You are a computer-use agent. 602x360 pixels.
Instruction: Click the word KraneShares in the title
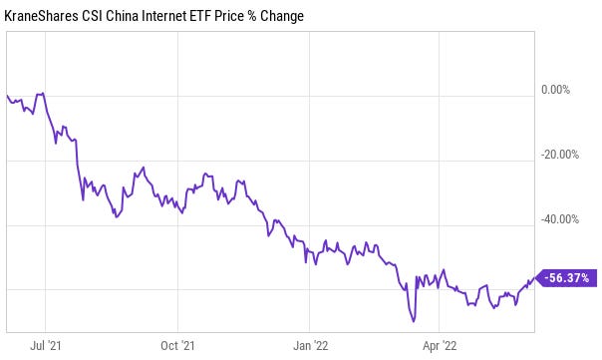41,16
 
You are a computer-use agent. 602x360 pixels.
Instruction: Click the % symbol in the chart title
252,16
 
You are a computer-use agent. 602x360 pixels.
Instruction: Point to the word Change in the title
282,16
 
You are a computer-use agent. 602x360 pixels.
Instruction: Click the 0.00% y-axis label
555,90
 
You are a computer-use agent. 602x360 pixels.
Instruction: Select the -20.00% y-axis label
560,155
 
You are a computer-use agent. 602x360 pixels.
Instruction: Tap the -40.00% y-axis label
560,219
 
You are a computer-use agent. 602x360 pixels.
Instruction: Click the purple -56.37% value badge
567,278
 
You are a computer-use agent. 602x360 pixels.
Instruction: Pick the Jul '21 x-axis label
45,345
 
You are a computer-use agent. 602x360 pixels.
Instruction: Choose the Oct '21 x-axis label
177,345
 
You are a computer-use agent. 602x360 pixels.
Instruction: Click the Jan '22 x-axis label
310,345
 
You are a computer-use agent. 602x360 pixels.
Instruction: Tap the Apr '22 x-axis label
440,345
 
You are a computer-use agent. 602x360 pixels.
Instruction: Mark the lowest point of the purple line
414,321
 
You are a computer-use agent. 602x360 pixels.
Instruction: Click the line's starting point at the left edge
7,95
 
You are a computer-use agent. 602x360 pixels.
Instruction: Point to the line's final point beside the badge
534,278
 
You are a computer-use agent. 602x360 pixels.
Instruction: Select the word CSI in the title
92,16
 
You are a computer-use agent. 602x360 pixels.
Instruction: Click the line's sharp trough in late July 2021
83,200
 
